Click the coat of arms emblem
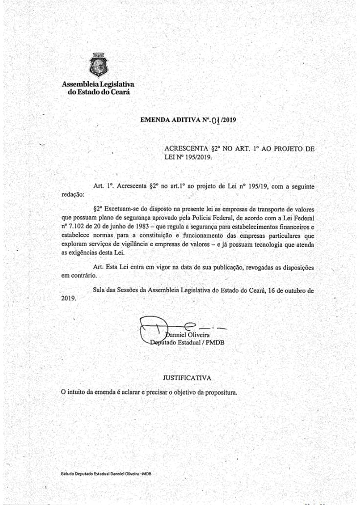98,65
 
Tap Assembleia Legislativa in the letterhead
98,84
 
